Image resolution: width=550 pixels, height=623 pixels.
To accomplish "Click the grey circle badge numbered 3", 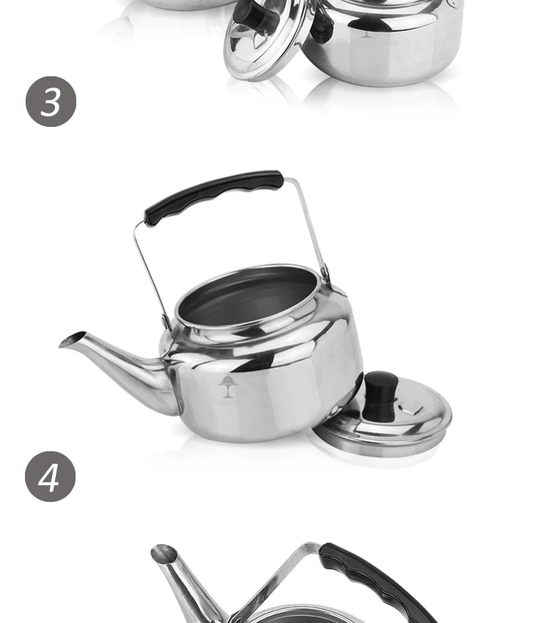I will click(51, 101).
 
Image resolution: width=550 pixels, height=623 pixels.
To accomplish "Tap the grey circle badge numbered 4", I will click(51, 476).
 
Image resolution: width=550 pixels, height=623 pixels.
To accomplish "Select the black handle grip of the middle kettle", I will click(213, 196).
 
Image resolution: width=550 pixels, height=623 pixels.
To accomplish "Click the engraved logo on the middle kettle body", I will click(227, 385).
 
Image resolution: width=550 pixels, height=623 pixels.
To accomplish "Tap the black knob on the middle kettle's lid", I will click(381, 395).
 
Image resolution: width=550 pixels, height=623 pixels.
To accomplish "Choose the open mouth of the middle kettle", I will click(249, 297).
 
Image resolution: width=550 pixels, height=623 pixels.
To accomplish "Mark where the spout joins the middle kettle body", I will click(167, 367).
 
